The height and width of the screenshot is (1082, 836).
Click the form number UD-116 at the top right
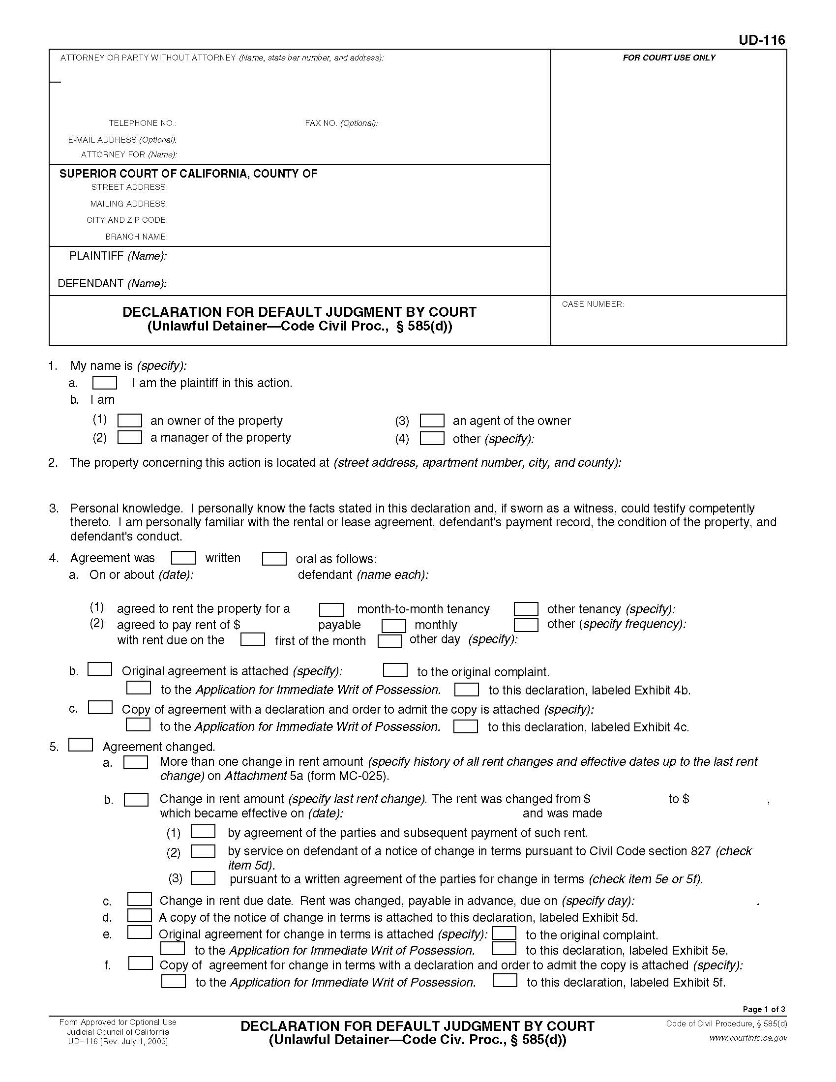tap(761, 40)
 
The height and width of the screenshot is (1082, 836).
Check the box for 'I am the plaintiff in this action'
tap(104, 383)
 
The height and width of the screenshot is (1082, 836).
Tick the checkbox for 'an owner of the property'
tap(129, 421)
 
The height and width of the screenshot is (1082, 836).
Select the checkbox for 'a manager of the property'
tap(129, 437)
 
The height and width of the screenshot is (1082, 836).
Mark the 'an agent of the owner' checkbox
tap(431, 421)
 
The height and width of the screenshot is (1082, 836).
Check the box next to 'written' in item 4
tap(183, 558)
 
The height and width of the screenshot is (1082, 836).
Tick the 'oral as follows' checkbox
tap(274, 559)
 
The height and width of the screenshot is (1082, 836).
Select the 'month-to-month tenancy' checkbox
tap(331, 609)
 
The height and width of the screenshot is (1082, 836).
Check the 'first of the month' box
tap(253, 639)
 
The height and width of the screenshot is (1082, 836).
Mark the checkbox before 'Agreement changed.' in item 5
tap(80, 745)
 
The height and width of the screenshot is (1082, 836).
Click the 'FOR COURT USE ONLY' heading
tap(669, 58)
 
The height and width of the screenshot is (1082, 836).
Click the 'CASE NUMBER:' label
tap(593, 304)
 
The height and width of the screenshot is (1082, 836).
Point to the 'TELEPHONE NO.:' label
tap(143, 123)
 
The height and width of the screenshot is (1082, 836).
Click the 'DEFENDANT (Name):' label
tap(112, 283)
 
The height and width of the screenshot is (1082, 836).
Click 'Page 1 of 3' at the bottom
tap(764, 1009)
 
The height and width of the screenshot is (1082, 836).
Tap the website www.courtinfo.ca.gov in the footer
tap(748, 1038)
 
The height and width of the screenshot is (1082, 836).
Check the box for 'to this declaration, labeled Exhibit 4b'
tap(466, 690)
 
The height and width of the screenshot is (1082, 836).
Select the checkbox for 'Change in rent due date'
tap(140, 899)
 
